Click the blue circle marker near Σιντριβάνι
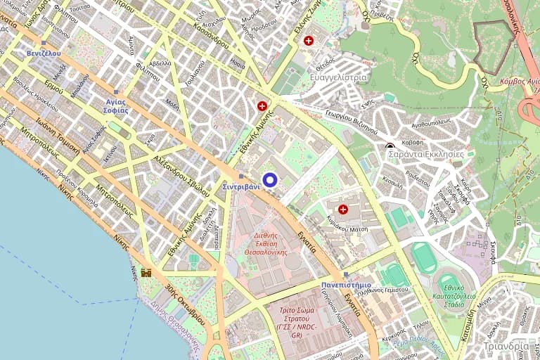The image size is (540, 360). coord(269,180)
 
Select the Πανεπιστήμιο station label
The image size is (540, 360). coord(346,285)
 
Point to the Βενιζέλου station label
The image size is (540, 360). coord(44,53)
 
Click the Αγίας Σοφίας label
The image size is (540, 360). coord(111,105)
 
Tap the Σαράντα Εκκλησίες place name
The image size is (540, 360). coord(426,153)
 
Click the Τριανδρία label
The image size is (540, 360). coord(506,346)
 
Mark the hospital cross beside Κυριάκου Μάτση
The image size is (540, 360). coord(343,209)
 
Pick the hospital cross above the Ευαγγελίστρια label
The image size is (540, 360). coord(309,41)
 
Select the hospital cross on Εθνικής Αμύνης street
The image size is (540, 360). coord(262,106)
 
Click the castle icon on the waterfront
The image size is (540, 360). coord(146,272)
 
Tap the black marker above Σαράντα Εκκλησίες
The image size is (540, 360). coord(390,146)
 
